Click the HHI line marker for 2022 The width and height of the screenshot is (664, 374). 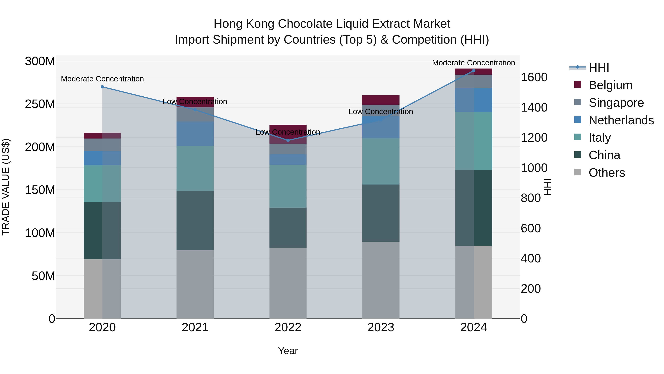tap(288, 140)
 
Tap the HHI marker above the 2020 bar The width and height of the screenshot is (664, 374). tap(102, 87)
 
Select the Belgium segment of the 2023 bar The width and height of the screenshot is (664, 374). tap(381, 100)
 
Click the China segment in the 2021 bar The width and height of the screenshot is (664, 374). tap(195, 220)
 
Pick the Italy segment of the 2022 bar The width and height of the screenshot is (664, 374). tap(288, 186)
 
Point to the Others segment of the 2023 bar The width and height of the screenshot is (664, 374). tap(381, 280)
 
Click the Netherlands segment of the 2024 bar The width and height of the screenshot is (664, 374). tap(473, 100)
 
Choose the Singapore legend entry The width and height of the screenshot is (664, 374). tap(616, 103)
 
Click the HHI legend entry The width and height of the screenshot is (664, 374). tap(599, 68)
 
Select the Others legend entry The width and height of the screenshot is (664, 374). tap(606, 173)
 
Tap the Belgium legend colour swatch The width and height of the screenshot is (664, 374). tap(578, 85)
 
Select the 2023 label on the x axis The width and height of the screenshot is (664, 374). tap(381, 327)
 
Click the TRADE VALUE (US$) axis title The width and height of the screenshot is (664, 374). tap(6, 187)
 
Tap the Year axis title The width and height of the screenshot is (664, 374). tap(288, 351)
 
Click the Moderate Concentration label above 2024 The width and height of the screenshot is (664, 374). tap(473, 63)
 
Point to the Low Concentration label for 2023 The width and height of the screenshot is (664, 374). tap(381, 112)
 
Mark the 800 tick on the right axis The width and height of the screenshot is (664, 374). tap(531, 198)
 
